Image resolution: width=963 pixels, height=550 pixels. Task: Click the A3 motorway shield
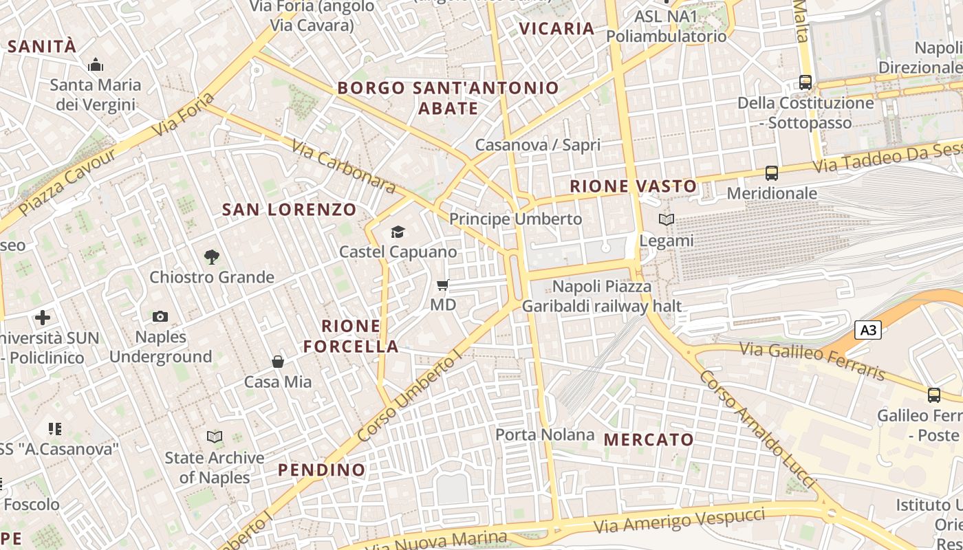click(x=868, y=331)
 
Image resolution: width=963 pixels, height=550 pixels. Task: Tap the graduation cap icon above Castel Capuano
click(x=398, y=232)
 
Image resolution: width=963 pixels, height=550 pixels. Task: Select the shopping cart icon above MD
click(x=443, y=285)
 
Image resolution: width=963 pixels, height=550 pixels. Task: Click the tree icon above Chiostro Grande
click(x=212, y=257)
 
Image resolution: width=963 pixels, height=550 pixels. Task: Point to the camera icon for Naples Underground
click(x=160, y=316)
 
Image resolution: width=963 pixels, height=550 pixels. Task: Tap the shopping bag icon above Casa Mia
click(x=278, y=362)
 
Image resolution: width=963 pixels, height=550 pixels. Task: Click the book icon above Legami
click(x=666, y=220)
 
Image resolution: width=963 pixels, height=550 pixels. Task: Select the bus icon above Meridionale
click(x=772, y=173)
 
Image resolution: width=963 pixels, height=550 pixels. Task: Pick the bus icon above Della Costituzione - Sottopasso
click(x=805, y=82)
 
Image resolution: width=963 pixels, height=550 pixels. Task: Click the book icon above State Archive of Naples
click(x=215, y=437)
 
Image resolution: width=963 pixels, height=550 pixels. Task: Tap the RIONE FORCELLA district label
click(x=351, y=335)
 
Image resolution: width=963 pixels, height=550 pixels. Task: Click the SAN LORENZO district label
click(x=290, y=210)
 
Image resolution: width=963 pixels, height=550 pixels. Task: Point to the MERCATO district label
click(x=649, y=439)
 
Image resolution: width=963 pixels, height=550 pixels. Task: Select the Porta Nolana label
click(x=545, y=434)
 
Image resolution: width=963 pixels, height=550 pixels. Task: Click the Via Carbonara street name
click(x=343, y=167)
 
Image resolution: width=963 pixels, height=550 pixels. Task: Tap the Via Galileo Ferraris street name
click(x=812, y=360)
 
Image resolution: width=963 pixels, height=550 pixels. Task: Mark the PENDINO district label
click(x=321, y=470)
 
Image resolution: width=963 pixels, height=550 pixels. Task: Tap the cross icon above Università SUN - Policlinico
click(x=43, y=318)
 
